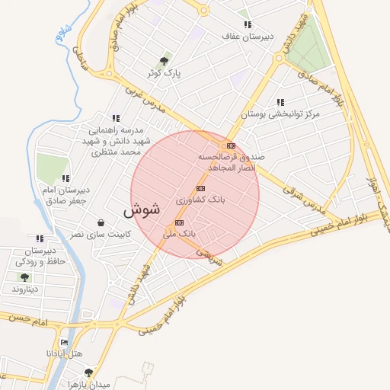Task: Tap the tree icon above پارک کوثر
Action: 164,61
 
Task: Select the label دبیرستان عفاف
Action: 242,36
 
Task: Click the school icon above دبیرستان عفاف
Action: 247,24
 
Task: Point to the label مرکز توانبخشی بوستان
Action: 280,113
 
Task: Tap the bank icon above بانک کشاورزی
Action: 201,188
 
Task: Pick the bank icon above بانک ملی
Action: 179,222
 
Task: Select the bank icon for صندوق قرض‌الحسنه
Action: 231,145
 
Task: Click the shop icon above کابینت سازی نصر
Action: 101,222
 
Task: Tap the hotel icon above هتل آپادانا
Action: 75,342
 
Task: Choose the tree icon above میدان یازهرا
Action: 88,372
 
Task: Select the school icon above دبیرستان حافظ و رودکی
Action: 40,238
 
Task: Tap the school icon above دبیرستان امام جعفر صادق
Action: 66,177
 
